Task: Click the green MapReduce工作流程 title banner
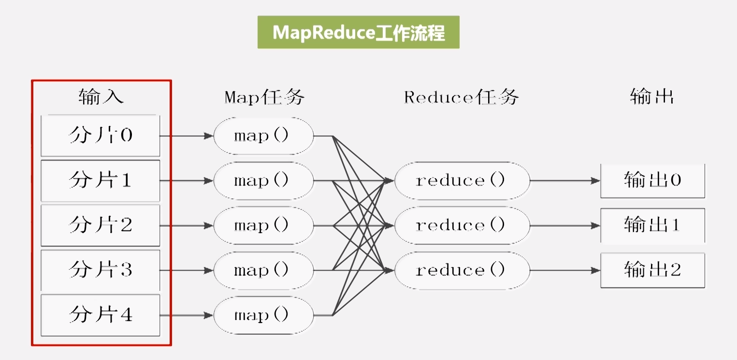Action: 358,32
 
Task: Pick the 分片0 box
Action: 101,136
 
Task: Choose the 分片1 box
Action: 101,181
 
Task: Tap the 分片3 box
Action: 101,270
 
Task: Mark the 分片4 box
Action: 101,315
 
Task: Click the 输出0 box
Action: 652,181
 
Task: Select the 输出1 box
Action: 652,225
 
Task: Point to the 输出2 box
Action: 652,270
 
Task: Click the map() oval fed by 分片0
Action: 263,136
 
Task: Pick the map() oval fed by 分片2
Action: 263,225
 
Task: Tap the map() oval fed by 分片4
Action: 263,316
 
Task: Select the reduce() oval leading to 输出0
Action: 462,181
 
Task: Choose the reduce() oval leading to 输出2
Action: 462,270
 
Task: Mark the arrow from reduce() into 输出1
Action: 565,225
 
